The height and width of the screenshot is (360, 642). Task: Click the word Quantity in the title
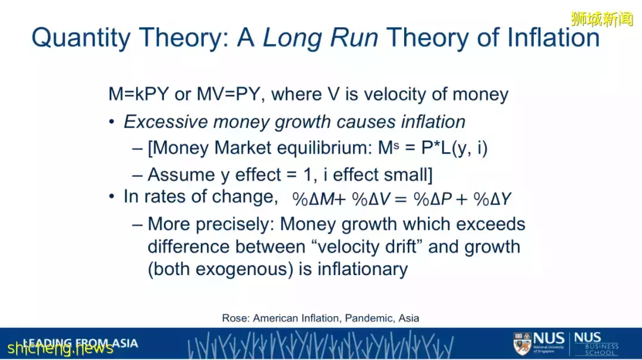pyautogui.click(x=81, y=37)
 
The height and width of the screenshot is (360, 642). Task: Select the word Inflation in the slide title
pyautogui.click(x=553, y=37)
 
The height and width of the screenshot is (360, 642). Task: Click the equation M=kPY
pyautogui.click(x=139, y=94)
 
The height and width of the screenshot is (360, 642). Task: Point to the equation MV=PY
pyautogui.click(x=228, y=94)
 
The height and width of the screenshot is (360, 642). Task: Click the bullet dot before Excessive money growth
pyautogui.click(x=112, y=122)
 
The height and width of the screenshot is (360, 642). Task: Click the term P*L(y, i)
pyautogui.click(x=455, y=148)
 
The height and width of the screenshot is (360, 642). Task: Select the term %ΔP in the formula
pyautogui.click(x=433, y=199)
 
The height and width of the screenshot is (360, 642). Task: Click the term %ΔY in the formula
pyautogui.click(x=492, y=199)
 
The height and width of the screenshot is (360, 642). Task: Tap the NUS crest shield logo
pyautogui.click(x=522, y=343)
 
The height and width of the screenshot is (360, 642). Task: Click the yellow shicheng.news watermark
pyautogui.click(x=60, y=348)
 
